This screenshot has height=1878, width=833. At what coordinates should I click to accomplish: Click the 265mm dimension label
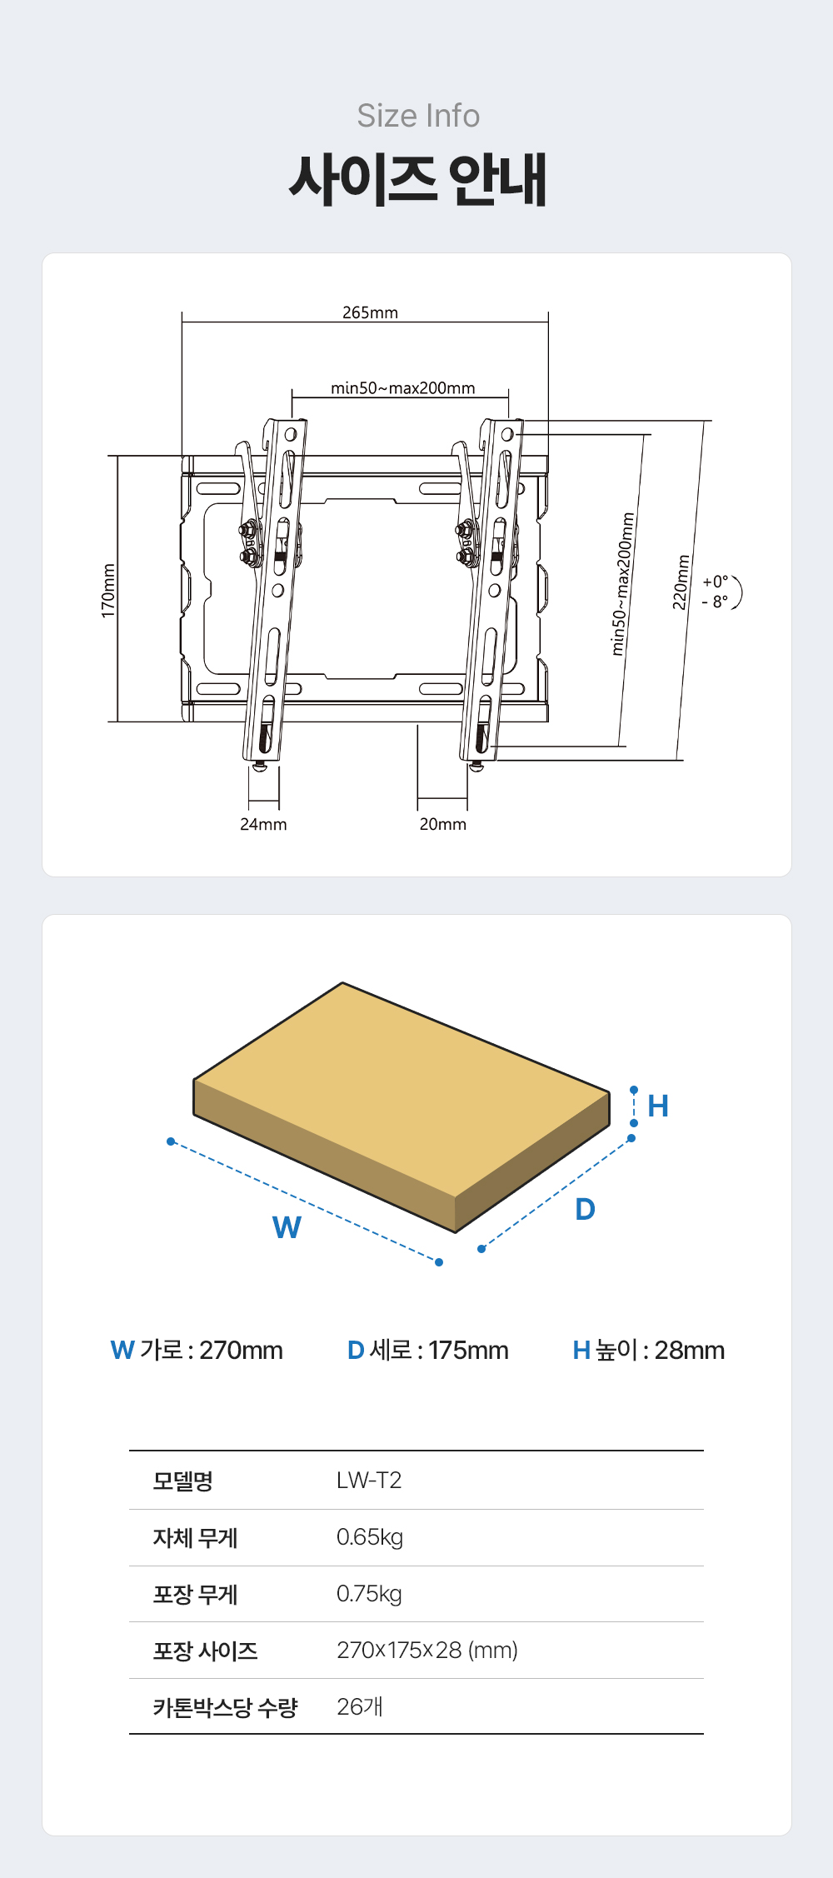[370, 312]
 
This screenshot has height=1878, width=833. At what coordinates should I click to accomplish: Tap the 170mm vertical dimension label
[108, 591]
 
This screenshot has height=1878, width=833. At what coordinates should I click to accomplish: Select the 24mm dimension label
[263, 824]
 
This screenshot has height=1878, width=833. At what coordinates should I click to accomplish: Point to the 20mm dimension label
[442, 824]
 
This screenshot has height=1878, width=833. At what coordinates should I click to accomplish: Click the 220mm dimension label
[681, 582]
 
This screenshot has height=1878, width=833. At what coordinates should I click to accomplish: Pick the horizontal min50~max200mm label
[402, 387]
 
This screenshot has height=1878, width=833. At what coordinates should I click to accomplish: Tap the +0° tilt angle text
[715, 582]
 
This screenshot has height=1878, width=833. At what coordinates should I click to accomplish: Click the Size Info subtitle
[418, 116]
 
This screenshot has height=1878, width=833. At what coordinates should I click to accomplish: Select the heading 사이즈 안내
[418, 179]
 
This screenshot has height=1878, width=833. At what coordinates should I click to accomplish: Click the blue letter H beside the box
[658, 1106]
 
